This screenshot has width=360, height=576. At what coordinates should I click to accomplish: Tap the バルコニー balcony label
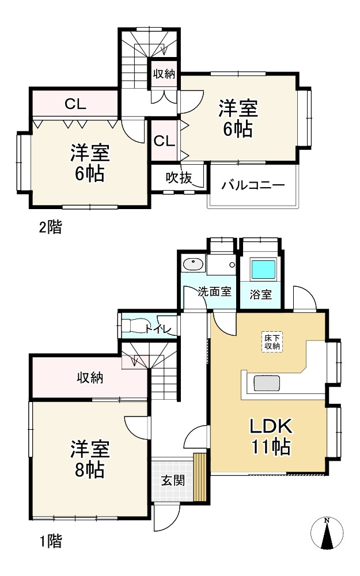point(253,185)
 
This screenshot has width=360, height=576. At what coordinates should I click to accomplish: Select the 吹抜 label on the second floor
point(178,178)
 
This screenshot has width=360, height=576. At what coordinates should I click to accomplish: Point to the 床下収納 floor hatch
point(272,342)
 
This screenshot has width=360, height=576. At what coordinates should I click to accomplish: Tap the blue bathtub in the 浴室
point(263,270)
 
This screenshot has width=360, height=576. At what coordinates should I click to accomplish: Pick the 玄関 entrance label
point(172,480)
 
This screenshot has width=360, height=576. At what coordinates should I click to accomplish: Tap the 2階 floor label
point(50,227)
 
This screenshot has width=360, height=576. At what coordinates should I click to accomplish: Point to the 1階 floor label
point(50,541)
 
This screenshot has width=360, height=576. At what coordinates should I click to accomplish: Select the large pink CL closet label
point(75,104)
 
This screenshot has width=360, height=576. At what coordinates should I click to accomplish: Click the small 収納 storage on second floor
point(164,74)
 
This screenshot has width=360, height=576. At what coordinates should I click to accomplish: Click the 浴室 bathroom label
point(261,294)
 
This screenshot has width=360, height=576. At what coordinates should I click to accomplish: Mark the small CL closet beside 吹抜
point(164,141)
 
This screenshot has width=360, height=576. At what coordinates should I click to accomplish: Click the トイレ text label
point(157,329)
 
